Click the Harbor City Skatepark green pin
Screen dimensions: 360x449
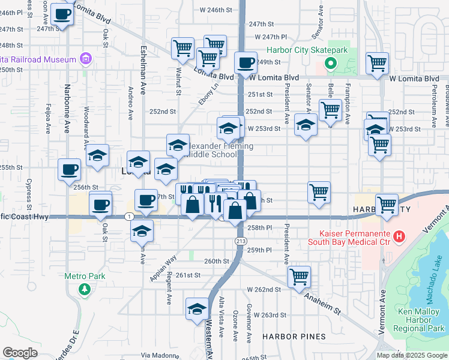(330, 63)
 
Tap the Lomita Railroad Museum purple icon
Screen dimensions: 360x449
(86, 59)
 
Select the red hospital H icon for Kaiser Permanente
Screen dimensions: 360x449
(397, 238)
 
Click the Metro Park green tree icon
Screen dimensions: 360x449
(85, 289)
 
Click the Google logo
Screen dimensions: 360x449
(20, 352)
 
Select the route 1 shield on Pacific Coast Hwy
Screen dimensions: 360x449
(129, 216)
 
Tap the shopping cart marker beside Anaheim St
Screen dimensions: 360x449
(299, 277)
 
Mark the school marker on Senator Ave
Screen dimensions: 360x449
(306, 125)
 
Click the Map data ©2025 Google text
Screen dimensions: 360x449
(411, 355)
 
